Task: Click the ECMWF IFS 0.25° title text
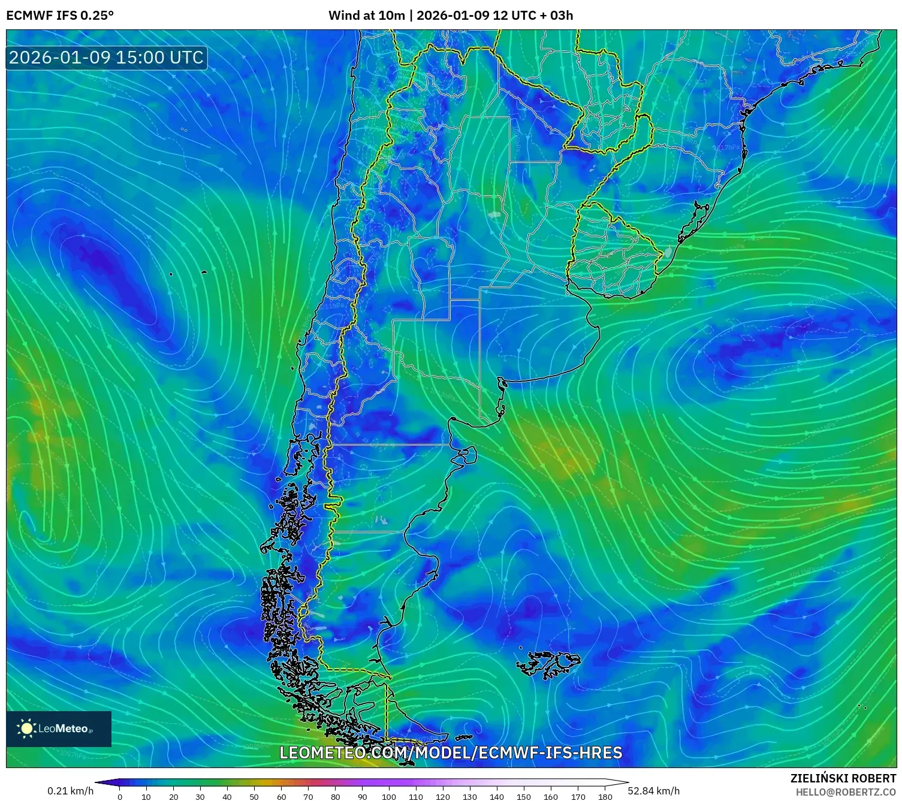(x=60, y=16)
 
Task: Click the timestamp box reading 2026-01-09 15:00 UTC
(x=107, y=58)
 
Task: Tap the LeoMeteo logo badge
(x=59, y=729)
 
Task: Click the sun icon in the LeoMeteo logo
(x=26, y=729)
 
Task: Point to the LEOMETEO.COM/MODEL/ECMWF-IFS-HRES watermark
(x=451, y=752)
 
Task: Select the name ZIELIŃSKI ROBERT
(x=843, y=778)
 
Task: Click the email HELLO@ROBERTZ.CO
(x=846, y=792)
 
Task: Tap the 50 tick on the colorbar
(x=254, y=797)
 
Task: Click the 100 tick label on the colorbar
(x=389, y=797)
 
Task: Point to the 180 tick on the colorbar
(x=605, y=797)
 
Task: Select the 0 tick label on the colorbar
(x=120, y=797)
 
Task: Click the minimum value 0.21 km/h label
(x=71, y=791)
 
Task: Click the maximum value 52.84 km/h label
(x=653, y=791)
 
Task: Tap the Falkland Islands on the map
(x=548, y=664)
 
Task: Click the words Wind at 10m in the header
(x=366, y=16)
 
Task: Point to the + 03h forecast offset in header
(x=556, y=16)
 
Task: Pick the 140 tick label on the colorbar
(x=497, y=797)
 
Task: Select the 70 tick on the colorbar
(x=308, y=797)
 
